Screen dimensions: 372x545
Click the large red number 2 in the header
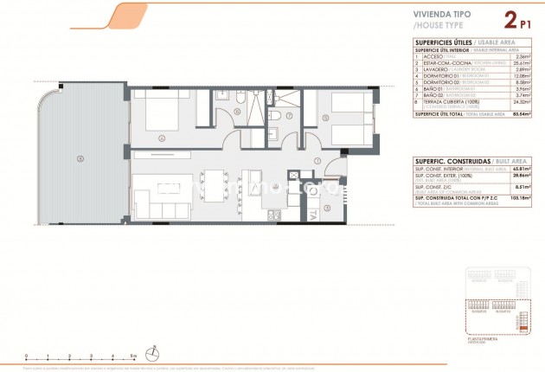click(x=510, y=17)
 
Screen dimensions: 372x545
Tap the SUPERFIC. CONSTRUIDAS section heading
click(x=444, y=162)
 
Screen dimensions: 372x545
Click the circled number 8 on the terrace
click(x=80, y=157)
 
